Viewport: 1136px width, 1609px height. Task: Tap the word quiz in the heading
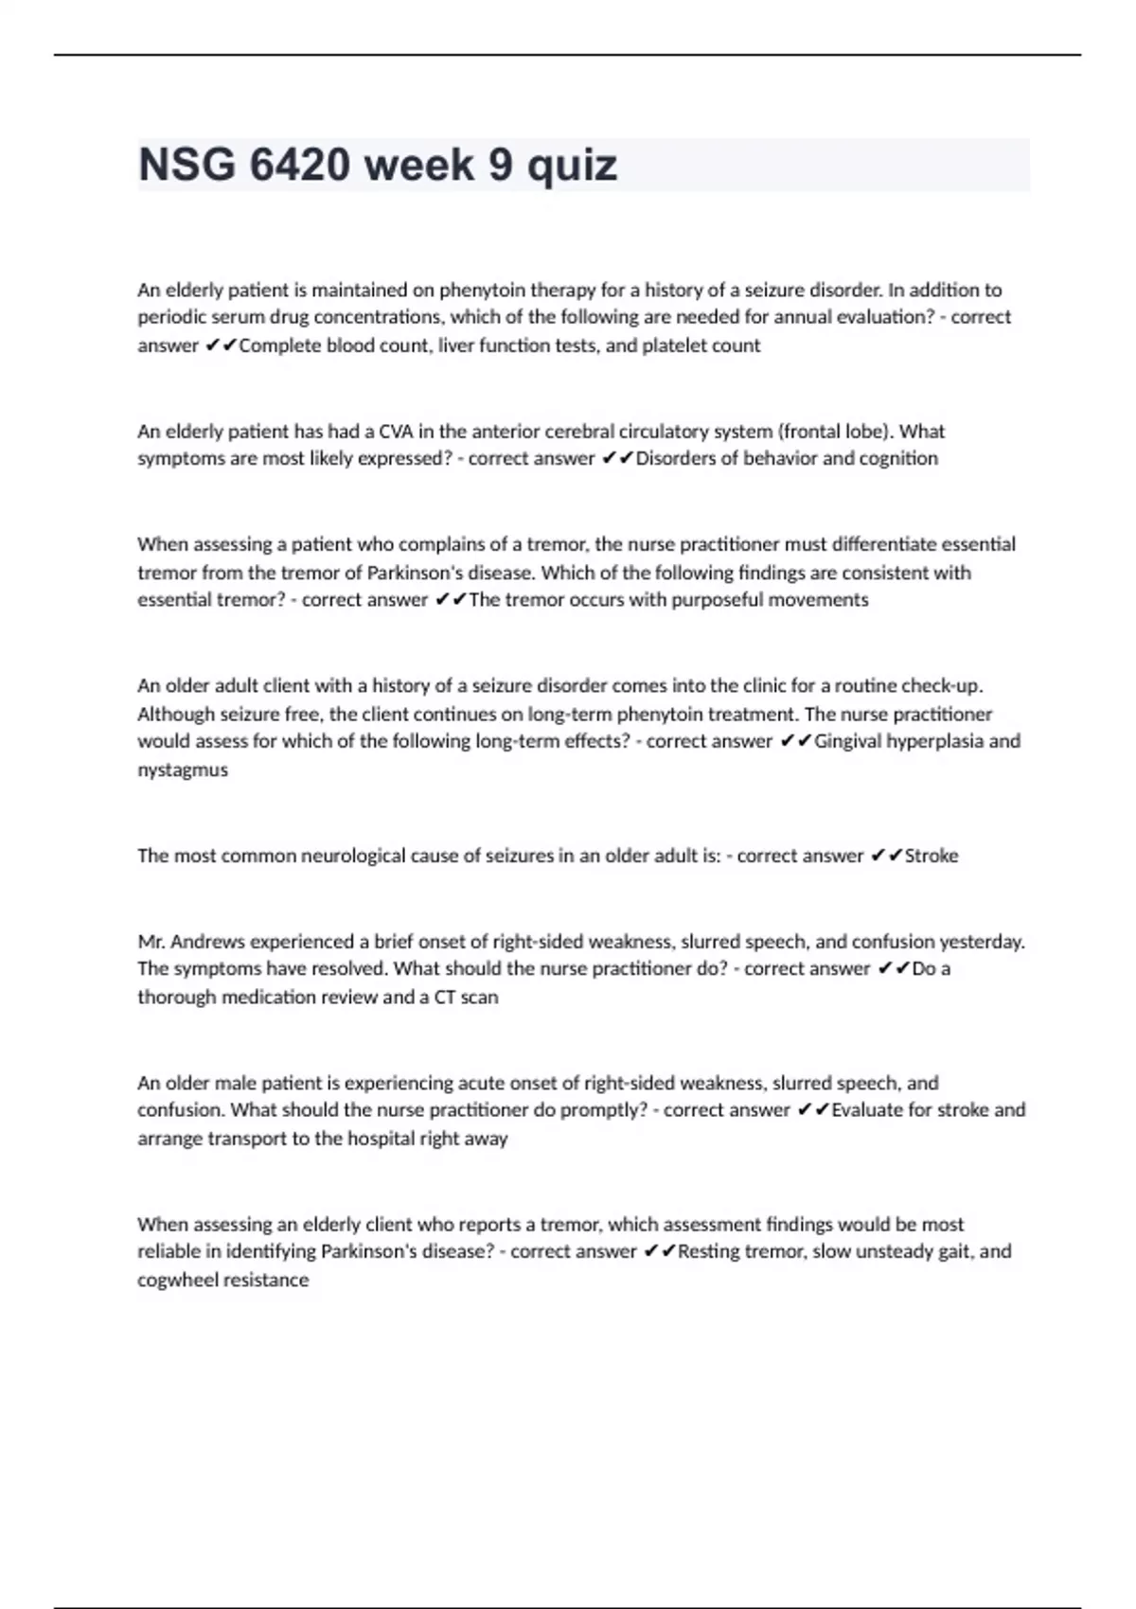click(x=572, y=167)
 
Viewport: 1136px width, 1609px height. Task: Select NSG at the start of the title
click(x=186, y=165)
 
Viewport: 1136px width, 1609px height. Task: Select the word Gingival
click(x=850, y=741)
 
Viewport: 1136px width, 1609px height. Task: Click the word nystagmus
click(x=183, y=769)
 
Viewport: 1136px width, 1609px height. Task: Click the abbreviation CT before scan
click(x=445, y=997)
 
